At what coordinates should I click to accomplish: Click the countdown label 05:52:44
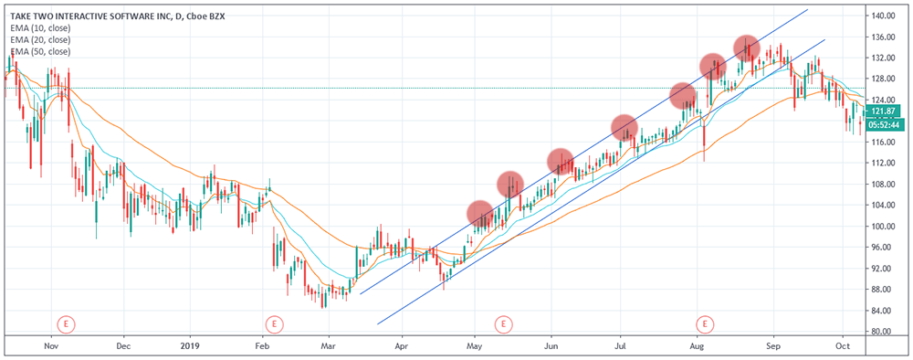[x=882, y=125]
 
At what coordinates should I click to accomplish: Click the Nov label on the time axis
[x=51, y=347]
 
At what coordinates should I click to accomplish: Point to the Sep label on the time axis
[x=773, y=347]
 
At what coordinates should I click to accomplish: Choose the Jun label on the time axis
[x=551, y=347]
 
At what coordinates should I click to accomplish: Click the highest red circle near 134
[x=747, y=48]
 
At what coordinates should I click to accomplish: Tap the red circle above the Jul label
[x=624, y=127]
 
